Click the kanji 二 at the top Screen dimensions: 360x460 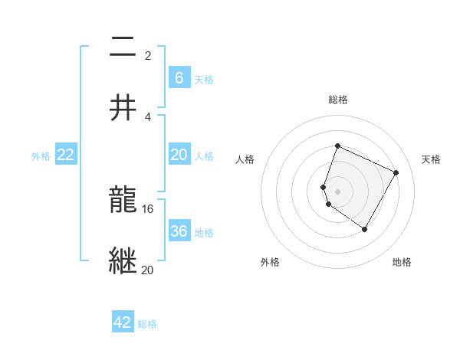tap(123, 48)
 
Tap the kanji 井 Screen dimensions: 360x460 tap(123, 107)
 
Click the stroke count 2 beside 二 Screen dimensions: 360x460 tap(147, 55)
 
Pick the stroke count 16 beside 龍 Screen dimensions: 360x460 tap(148, 208)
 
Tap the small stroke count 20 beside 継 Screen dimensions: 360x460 tap(147, 269)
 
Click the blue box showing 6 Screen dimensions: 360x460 tap(179, 77)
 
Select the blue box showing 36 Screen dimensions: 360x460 tap(179, 231)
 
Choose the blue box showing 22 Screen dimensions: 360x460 tap(66, 155)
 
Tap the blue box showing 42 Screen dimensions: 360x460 tap(123, 322)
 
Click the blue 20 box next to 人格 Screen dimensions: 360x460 tap(179, 155)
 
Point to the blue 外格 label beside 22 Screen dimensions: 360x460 tap(41, 155)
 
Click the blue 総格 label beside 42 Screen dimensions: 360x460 tap(147, 323)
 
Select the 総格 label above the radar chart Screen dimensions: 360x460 tap(337, 100)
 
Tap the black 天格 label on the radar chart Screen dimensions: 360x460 tap(431, 159)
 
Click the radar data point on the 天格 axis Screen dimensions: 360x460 tap(396, 172)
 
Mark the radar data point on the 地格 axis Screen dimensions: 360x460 tap(365, 229)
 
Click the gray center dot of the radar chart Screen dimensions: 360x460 tap(337, 191)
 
